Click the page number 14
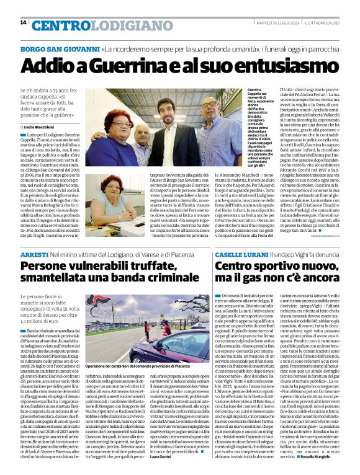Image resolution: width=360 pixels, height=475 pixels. (x=23, y=22)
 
